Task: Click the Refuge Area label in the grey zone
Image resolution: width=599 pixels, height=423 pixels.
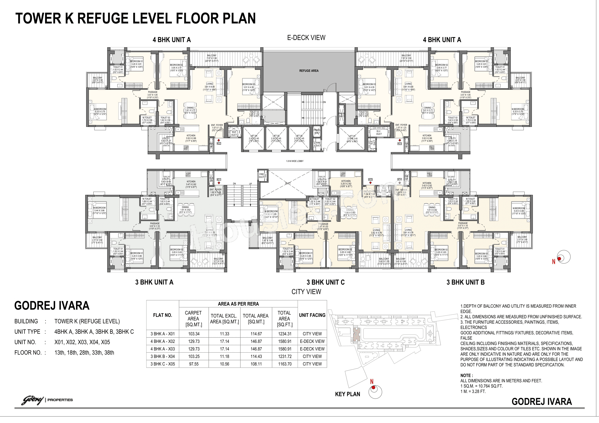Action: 309,71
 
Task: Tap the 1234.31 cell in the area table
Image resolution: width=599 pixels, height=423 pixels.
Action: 284,334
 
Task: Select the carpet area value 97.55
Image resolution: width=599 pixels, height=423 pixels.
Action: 194,364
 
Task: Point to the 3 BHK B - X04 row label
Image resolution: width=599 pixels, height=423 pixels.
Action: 163,357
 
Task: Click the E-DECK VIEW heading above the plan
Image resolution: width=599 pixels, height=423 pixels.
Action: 306,38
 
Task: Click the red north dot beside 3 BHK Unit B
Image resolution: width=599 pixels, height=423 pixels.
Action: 559,259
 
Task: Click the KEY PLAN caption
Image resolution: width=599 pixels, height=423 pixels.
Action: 348,394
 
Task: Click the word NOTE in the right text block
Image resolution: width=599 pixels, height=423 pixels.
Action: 466,376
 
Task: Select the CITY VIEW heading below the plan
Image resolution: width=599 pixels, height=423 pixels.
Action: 306,292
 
